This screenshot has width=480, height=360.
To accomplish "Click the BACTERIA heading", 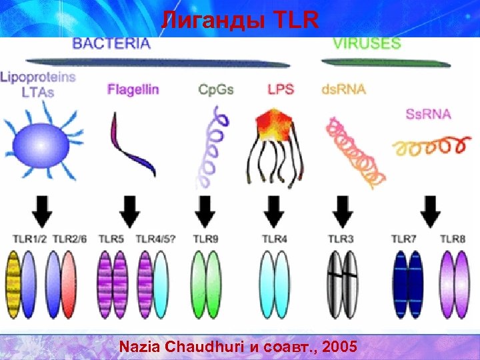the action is pyautogui.click(x=112, y=44).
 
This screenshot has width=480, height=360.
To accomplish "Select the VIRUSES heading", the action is pyautogui.click(x=367, y=44).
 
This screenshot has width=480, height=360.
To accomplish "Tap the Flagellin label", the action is pyautogui.click(x=133, y=90).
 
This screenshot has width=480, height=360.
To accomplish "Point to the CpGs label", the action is pyautogui.click(x=216, y=90).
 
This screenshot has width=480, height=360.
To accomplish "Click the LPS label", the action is pyautogui.click(x=280, y=89).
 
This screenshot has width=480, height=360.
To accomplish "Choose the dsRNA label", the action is pyautogui.click(x=343, y=90).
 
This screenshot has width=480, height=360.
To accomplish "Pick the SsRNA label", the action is pyautogui.click(x=428, y=113).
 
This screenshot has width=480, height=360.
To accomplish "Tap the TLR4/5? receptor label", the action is pyautogui.click(x=155, y=238).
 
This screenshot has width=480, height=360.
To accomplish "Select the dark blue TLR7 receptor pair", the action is pyautogui.click(x=408, y=283).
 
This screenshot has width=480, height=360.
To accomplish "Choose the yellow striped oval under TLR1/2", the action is pyautogui.click(x=14, y=283).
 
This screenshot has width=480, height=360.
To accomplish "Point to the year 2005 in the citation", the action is pyautogui.click(x=343, y=347).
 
